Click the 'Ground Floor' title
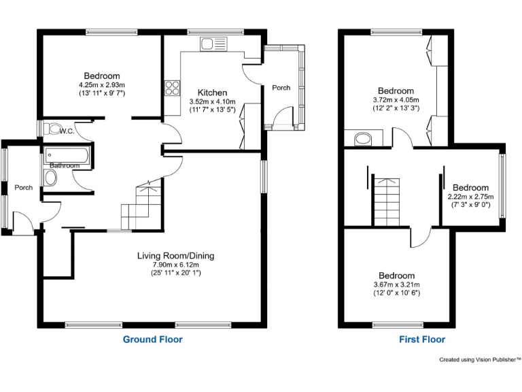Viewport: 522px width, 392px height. pyautogui.click(x=152, y=339)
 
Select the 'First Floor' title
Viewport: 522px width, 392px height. pyautogui.click(x=421, y=339)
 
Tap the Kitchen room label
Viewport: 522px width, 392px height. pyautogui.click(x=212, y=93)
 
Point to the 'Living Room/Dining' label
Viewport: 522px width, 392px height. pyautogui.click(x=175, y=256)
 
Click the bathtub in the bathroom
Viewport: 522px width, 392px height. pyautogui.click(x=64, y=156)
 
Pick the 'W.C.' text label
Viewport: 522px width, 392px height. pyautogui.click(x=67, y=131)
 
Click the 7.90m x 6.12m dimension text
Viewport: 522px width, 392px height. pyautogui.click(x=175, y=265)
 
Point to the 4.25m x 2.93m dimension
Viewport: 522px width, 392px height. pyautogui.click(x=102, y=84)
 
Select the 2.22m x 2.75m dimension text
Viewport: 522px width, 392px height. pyautogui.click(x=470, y=197)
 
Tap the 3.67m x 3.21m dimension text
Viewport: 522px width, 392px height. pyautogui.click(x=396, y=284)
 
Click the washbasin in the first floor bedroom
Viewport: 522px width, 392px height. pyautogui.click(x=362, y=140)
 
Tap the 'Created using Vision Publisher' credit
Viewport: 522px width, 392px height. pyautogui.click(x=480, y=359)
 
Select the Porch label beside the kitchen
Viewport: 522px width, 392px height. pyautogui.click(x=281, y=88)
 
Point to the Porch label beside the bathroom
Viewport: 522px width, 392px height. pyautogui.click(x=24, y=188)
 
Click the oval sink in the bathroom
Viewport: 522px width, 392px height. pyautogui.click(x=51, y=178)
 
